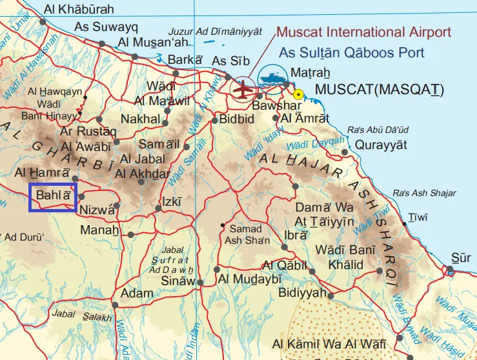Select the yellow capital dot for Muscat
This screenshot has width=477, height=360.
tap(298, 94)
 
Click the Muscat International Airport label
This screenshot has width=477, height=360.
tap(363, 32)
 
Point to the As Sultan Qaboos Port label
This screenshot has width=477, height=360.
tap(352, 53)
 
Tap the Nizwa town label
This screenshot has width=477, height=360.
tap(96, 210)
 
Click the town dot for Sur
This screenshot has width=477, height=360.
tap(449, 269)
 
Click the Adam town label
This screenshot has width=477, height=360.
tap(137, 293)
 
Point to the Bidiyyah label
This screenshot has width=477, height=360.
tap(302, 293)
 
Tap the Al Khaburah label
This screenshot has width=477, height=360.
tap(79, 9)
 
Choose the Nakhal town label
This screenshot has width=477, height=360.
tap(141, 119)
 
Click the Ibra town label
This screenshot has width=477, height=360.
tap(295, 235)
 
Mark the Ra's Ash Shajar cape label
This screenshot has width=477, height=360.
tap(425, 193)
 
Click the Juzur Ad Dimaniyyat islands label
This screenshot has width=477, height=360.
tap(215, 31)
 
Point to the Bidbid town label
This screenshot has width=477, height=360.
tap(238, 119)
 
